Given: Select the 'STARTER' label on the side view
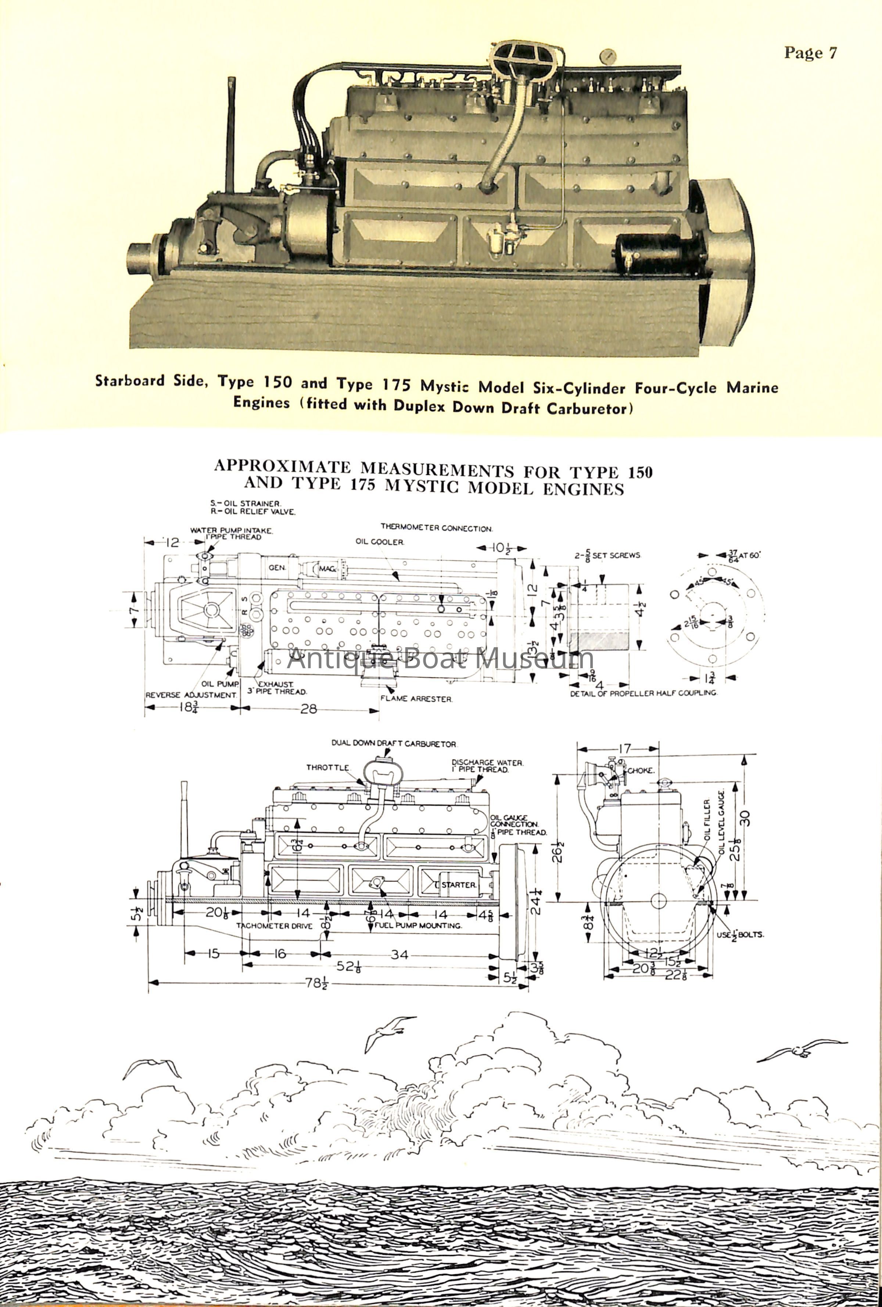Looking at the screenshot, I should (459, 885).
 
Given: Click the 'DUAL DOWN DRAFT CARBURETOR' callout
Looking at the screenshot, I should (394, 744).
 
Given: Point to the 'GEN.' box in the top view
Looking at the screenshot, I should (277, 567).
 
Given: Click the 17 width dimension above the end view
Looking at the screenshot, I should (624, 749).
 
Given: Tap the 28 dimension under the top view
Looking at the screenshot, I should (309, 709).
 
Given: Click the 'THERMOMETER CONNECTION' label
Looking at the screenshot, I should (436, 529).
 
